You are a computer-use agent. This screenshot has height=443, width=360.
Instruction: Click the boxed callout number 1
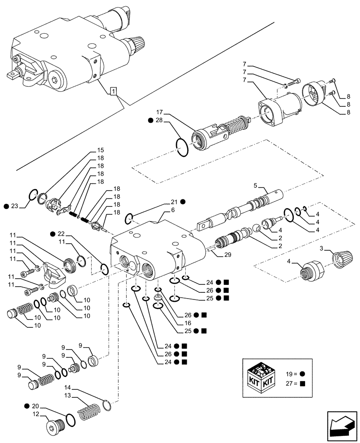(x=114, y=92)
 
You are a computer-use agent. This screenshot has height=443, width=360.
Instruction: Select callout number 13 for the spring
(x=68, y=396)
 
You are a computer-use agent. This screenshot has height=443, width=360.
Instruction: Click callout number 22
(x=61, y=233)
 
